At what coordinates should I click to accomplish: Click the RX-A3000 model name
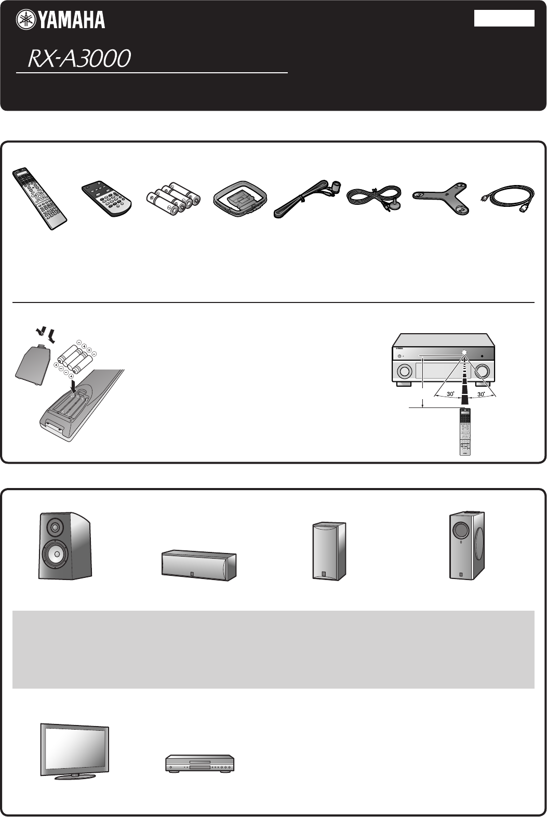[79, 59]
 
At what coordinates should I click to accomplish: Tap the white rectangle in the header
[504, 18]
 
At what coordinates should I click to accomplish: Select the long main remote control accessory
[40, 199]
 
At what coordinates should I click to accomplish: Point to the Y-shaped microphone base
[441, 197]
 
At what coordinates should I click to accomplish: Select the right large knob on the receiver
[483, 371]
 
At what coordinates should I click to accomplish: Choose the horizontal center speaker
[199, 565]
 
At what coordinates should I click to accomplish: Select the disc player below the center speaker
[200, 763]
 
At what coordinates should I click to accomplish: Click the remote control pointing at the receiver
[464, 431]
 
